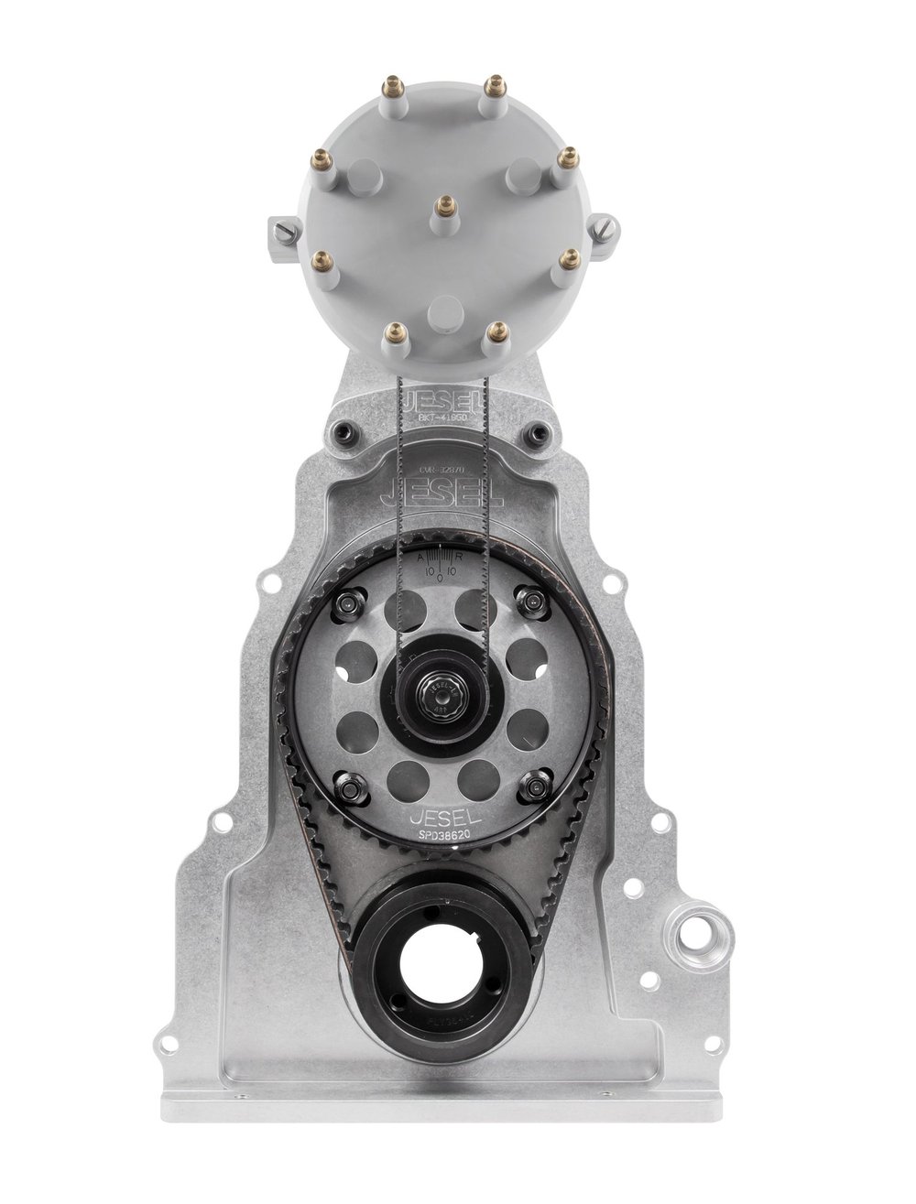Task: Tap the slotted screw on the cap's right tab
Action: point(611,225)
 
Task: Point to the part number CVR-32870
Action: point(444,467)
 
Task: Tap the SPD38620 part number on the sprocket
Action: point(441,836)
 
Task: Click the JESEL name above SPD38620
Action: point(441,818)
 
